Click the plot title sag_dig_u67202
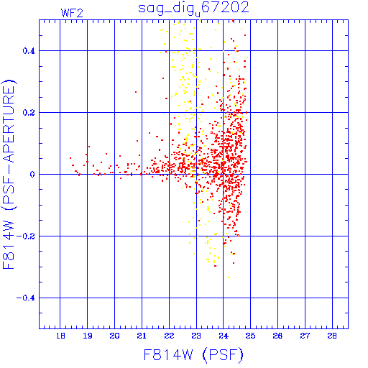(193, 9)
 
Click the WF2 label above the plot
(72, 13)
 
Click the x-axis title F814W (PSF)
(193, 354)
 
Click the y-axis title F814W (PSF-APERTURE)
(9, 174)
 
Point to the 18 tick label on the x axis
(60, 336)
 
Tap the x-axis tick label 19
(88, 336)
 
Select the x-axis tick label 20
(114, 336)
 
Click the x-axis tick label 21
(142, 336)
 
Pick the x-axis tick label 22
(169, 336)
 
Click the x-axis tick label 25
(251, 336)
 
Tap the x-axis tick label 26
(277, 336)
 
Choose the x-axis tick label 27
(305, 336)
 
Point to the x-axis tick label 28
(332, 336)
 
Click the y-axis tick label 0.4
(29, 51)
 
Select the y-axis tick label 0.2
(29, 113)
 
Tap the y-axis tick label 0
(32, 175)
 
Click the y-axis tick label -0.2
(26, 236)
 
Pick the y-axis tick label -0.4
(26, 298)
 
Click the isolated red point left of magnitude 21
(136, 92)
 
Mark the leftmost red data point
(70, 158)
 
